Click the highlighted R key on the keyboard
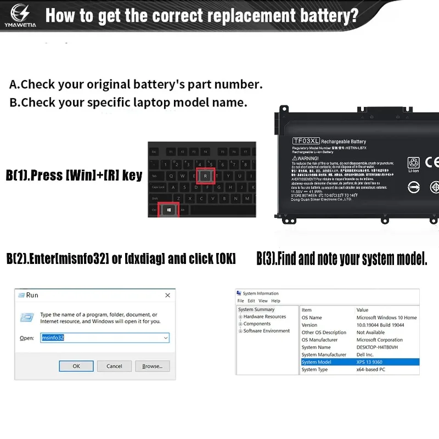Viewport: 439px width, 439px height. click(x=205, y=176)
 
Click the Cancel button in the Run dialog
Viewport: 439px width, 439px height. click(x=114, y=366)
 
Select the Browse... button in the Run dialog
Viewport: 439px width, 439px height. click(x=152, y=366)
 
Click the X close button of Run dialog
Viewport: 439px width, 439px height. click(x=167, y=295)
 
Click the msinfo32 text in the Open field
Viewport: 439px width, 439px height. click(x=53, y=338)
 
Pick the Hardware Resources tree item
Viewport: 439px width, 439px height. click(x=264, y=317)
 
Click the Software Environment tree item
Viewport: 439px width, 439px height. click(x=267, y=331)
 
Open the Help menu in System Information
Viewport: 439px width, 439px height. click(x=276, y=301)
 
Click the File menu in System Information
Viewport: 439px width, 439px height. click(x=240, y=301)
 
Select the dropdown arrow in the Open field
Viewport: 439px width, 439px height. click(x=166, y=338)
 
